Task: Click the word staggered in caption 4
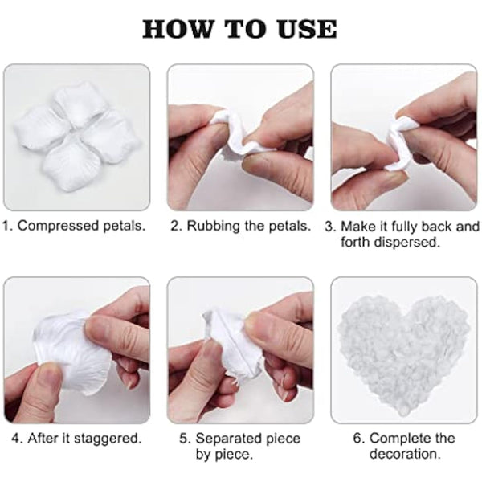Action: [x=109, y=439]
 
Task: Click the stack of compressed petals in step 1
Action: [x=76, y=137]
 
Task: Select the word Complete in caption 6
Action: [x=398, y=439]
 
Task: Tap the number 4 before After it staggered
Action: [x=16, y=439]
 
